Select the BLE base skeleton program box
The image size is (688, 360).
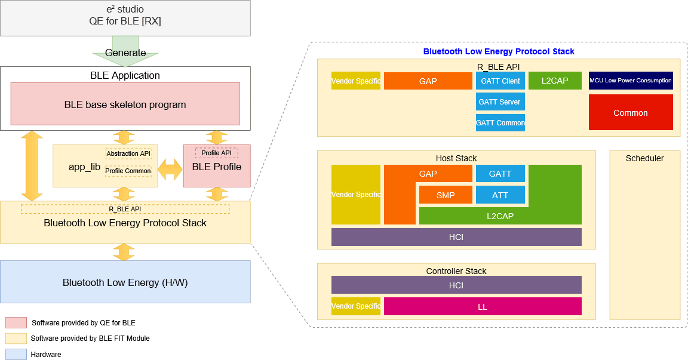125,104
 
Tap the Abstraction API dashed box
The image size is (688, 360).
128,153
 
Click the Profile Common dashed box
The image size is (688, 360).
128,171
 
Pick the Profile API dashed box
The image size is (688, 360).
216,153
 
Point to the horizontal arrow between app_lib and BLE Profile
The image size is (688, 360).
170,170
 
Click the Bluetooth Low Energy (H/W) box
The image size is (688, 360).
125,282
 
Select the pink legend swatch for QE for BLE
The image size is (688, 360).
16,322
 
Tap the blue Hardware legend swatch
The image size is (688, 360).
16,354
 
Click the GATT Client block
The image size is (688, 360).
500,81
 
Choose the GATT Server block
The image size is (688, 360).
500,101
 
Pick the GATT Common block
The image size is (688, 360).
500,122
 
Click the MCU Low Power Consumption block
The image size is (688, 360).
630,81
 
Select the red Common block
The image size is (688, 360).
630,112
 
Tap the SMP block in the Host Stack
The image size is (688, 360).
446,195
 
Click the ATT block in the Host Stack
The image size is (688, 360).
500,195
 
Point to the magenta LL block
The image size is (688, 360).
482,307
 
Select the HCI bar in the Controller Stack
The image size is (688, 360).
456,285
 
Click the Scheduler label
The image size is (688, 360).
644,158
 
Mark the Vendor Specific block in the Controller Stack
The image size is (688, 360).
355,306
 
